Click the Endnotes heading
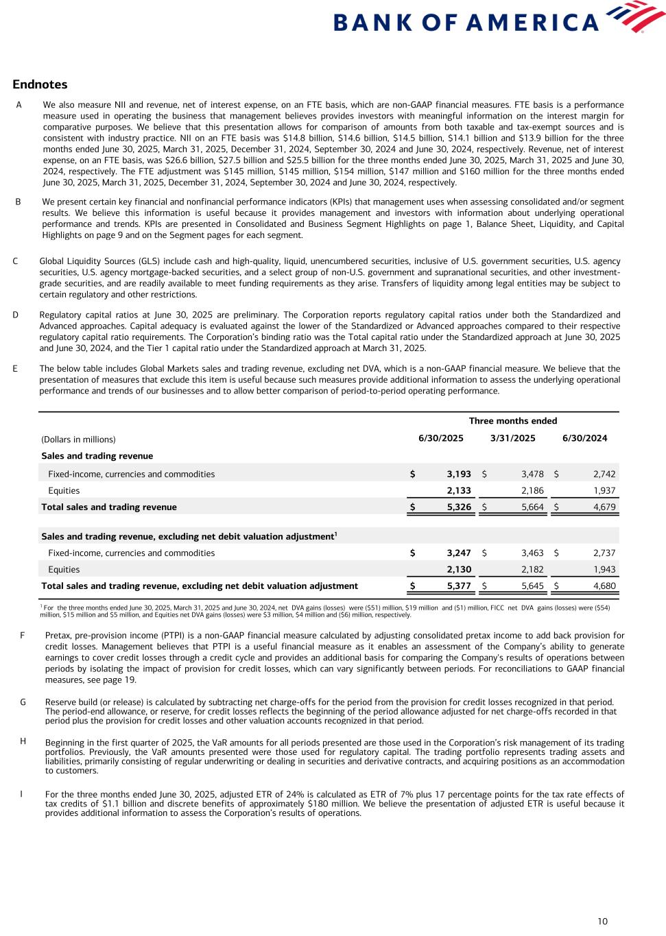(40, 84)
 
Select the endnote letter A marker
(19, 105)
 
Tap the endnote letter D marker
(15, 315)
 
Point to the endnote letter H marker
(23, 741)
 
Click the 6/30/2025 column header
(441, 439)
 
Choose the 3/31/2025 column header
(513, 439)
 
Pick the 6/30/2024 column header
(584, 439)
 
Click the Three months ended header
(513, 421)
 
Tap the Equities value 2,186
(532, 491)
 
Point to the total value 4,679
(604, 507)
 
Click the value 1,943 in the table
(604, 569)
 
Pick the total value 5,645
(532, 586)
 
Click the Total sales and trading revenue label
(109, 507)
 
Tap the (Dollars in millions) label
(78, 440)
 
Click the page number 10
(602, 922)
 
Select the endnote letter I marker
(21, 794)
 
